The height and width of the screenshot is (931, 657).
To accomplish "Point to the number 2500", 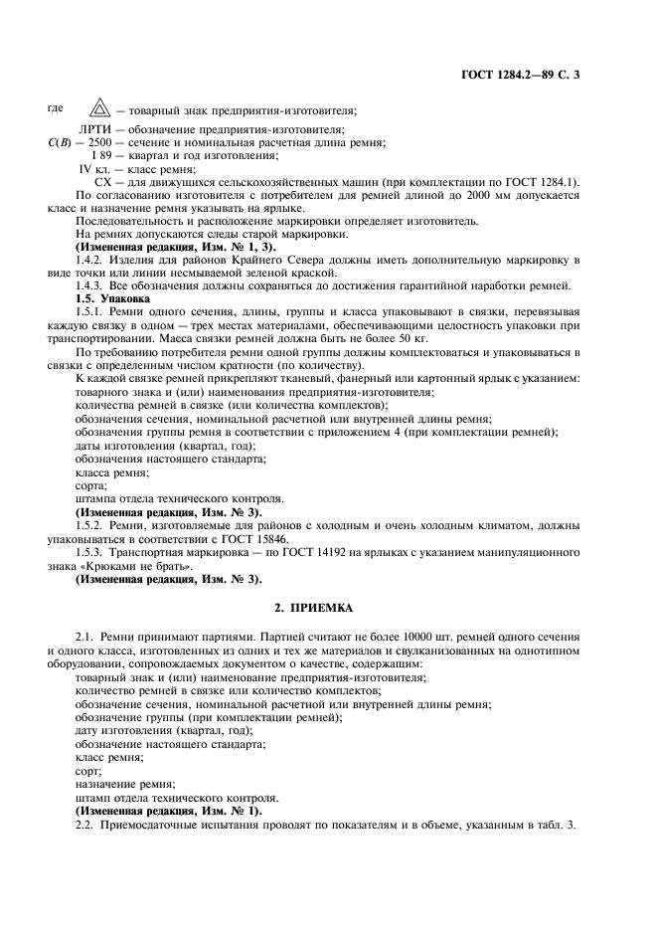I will pos(97,143).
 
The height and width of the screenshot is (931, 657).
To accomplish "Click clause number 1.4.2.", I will pos(92,260).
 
